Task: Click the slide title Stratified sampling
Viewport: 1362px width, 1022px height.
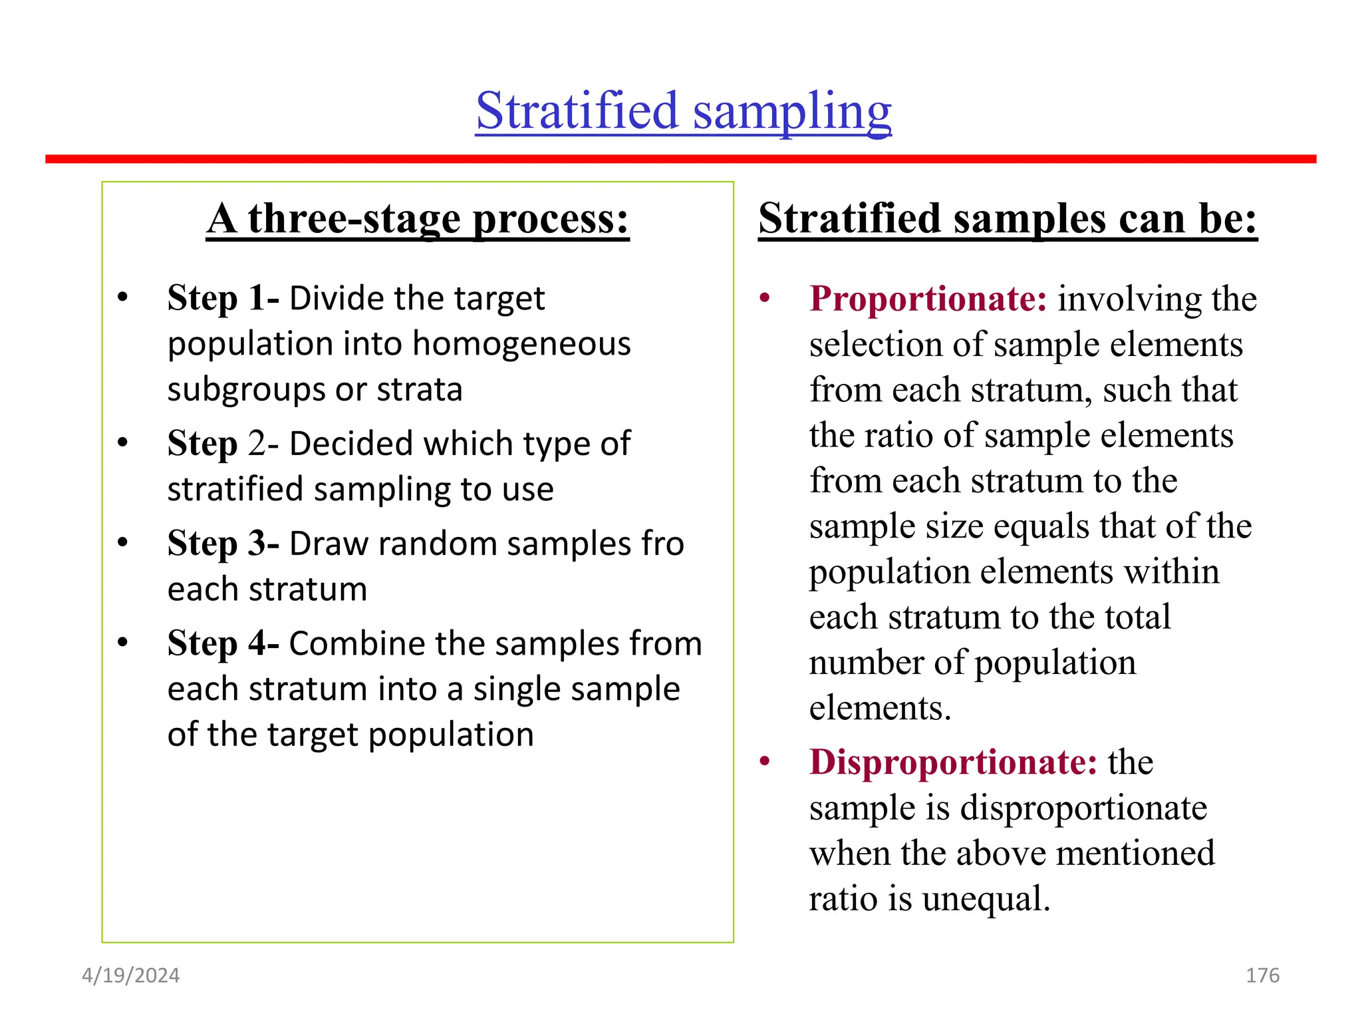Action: tap(683, 111)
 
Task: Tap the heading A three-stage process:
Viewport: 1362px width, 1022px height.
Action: tap(417, 219)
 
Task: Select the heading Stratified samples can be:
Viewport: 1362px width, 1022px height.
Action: tap(1007, 219)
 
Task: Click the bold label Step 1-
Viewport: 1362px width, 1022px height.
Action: tap(223, 298)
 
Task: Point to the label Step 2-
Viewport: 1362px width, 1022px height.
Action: tap(223, 444)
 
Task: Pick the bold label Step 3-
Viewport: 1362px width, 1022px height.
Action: tap(223, 544)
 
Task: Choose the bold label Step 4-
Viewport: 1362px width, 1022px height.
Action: tap(223, 643)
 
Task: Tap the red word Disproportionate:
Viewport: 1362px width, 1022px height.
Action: tap(953, 763)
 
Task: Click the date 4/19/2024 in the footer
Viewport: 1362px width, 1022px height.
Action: tap(131, 975)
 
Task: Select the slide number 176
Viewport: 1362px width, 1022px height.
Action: tap(1262, 975)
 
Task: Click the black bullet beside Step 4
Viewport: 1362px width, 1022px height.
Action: tap(122, 643)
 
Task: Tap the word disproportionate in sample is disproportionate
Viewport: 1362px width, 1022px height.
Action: tap(1083, 808)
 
